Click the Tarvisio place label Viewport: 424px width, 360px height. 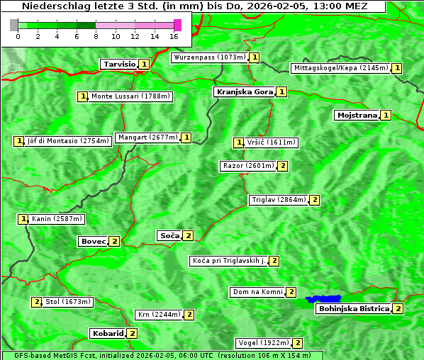point(118,64)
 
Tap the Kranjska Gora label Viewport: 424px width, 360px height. point(244,92)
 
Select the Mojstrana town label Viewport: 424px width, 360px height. point(357,115)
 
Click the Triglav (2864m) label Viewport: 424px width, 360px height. point(279,200)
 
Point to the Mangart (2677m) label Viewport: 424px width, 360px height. point(147,137)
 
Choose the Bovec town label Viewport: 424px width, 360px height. point(93,241)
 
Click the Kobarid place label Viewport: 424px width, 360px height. point(107,333)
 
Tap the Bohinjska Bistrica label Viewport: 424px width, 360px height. point(354,308)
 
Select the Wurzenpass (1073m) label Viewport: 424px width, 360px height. point(210,57)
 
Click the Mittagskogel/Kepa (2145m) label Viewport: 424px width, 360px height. point(340,68)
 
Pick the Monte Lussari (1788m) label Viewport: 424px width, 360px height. point(130,96)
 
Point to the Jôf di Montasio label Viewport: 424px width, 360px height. point(68,141)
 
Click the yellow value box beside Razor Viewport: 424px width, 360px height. point(283,166)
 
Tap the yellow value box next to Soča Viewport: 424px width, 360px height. point(188,235)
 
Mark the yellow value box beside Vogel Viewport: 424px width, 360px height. point(298,343)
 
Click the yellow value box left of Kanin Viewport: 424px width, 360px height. point(23,219)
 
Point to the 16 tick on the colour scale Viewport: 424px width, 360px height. point(174,36)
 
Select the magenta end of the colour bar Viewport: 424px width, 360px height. point(177,25)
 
